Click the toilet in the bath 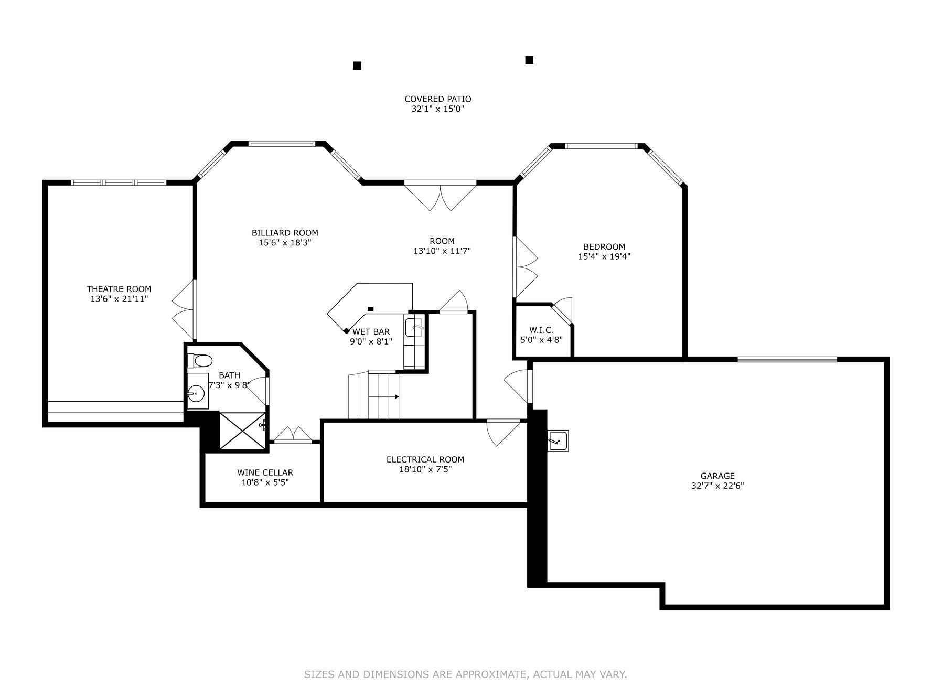coord(201,360)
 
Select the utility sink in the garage coord(558,440)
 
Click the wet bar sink coord(414,327)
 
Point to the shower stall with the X coord(242,431)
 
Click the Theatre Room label coord(119,289)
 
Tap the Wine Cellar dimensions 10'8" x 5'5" coord(265,482)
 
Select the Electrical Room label coord(425,459)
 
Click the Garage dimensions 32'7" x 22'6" coord(717,486)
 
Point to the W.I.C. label coord(541,330)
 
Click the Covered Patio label coord(437,99)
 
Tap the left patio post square coord(357,66)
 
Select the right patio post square coord(529,60)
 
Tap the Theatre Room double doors coord(185,309)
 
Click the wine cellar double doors coord(293,435)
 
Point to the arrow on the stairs coord(397,396)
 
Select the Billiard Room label coord(285,233)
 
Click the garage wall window coord(787,359)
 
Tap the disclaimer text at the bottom coord(465,674)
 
